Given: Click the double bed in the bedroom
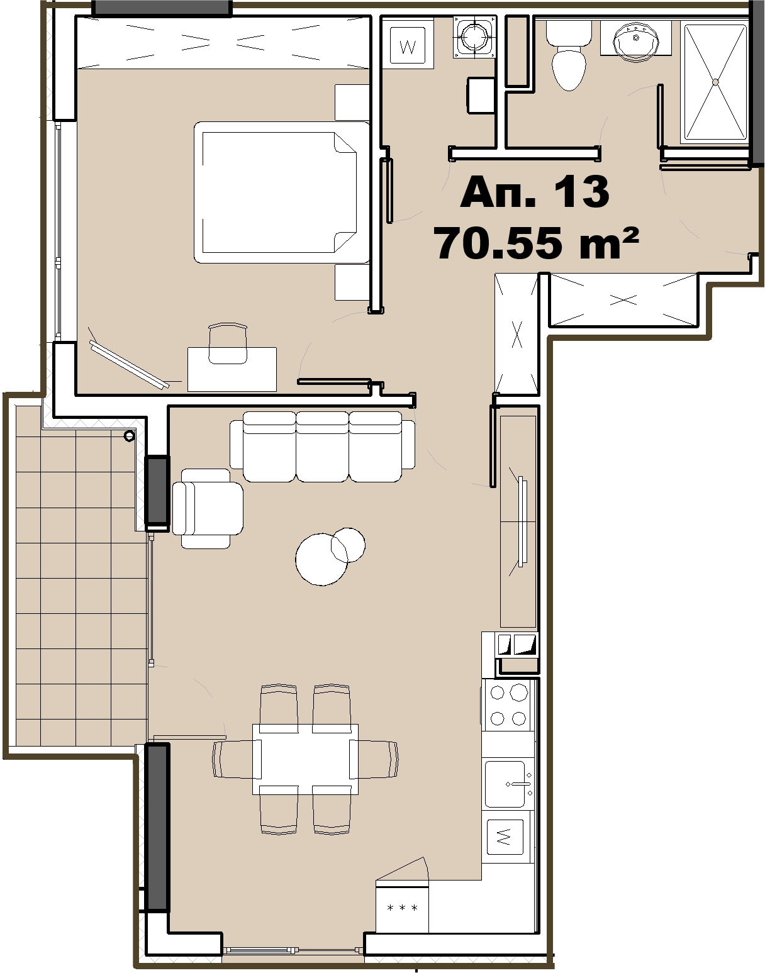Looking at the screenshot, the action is tap(281, 192).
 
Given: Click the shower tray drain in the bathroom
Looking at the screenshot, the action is tap(715, 82).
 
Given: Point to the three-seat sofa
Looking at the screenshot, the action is tap(322, 447).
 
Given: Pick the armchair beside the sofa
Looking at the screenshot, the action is tap(208, 509).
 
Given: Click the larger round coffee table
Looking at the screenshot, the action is tap(321, 559).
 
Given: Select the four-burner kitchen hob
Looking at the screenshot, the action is tap(508, 706).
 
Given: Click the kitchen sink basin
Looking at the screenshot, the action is tap(505, 784).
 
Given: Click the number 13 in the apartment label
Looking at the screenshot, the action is tap(581, 192).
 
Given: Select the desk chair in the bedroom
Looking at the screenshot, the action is tap(228, 343).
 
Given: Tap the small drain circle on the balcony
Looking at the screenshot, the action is tap(129, 435).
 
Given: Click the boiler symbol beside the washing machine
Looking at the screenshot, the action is tap(475, 37).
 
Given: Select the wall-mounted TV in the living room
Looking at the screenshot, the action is tap(521, 521).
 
